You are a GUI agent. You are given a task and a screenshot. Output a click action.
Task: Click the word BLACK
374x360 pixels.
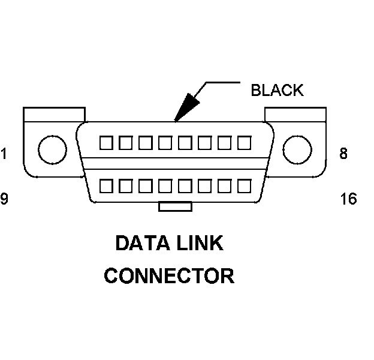tap(277, 90)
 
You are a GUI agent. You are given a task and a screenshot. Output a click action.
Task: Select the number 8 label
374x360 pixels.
tap(343, 154)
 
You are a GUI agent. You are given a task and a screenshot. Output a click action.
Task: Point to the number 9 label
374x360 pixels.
tap(4, 199)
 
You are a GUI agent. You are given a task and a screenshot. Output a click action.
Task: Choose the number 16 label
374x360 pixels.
tap(348, 199)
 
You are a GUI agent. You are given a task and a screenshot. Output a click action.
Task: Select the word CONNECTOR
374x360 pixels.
tap(169, 276)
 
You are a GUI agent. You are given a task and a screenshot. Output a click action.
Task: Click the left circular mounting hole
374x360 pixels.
tap(53, 149)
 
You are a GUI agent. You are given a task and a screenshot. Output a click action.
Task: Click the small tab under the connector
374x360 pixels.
tap(175, 206)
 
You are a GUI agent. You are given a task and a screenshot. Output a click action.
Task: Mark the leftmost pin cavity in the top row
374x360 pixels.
tap(107, 143)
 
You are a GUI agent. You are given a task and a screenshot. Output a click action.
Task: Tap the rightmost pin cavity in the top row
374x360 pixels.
tap(243, 143)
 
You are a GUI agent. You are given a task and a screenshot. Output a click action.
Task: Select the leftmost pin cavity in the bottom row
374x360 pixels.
tap(107, 185)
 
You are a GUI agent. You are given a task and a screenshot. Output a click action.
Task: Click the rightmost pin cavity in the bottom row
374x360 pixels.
tap(243, 185)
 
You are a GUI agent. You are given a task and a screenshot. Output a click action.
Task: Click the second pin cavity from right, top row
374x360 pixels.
tap(224, 143)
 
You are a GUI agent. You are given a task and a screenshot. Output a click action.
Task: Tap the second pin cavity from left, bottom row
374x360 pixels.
tap(126, 185)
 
